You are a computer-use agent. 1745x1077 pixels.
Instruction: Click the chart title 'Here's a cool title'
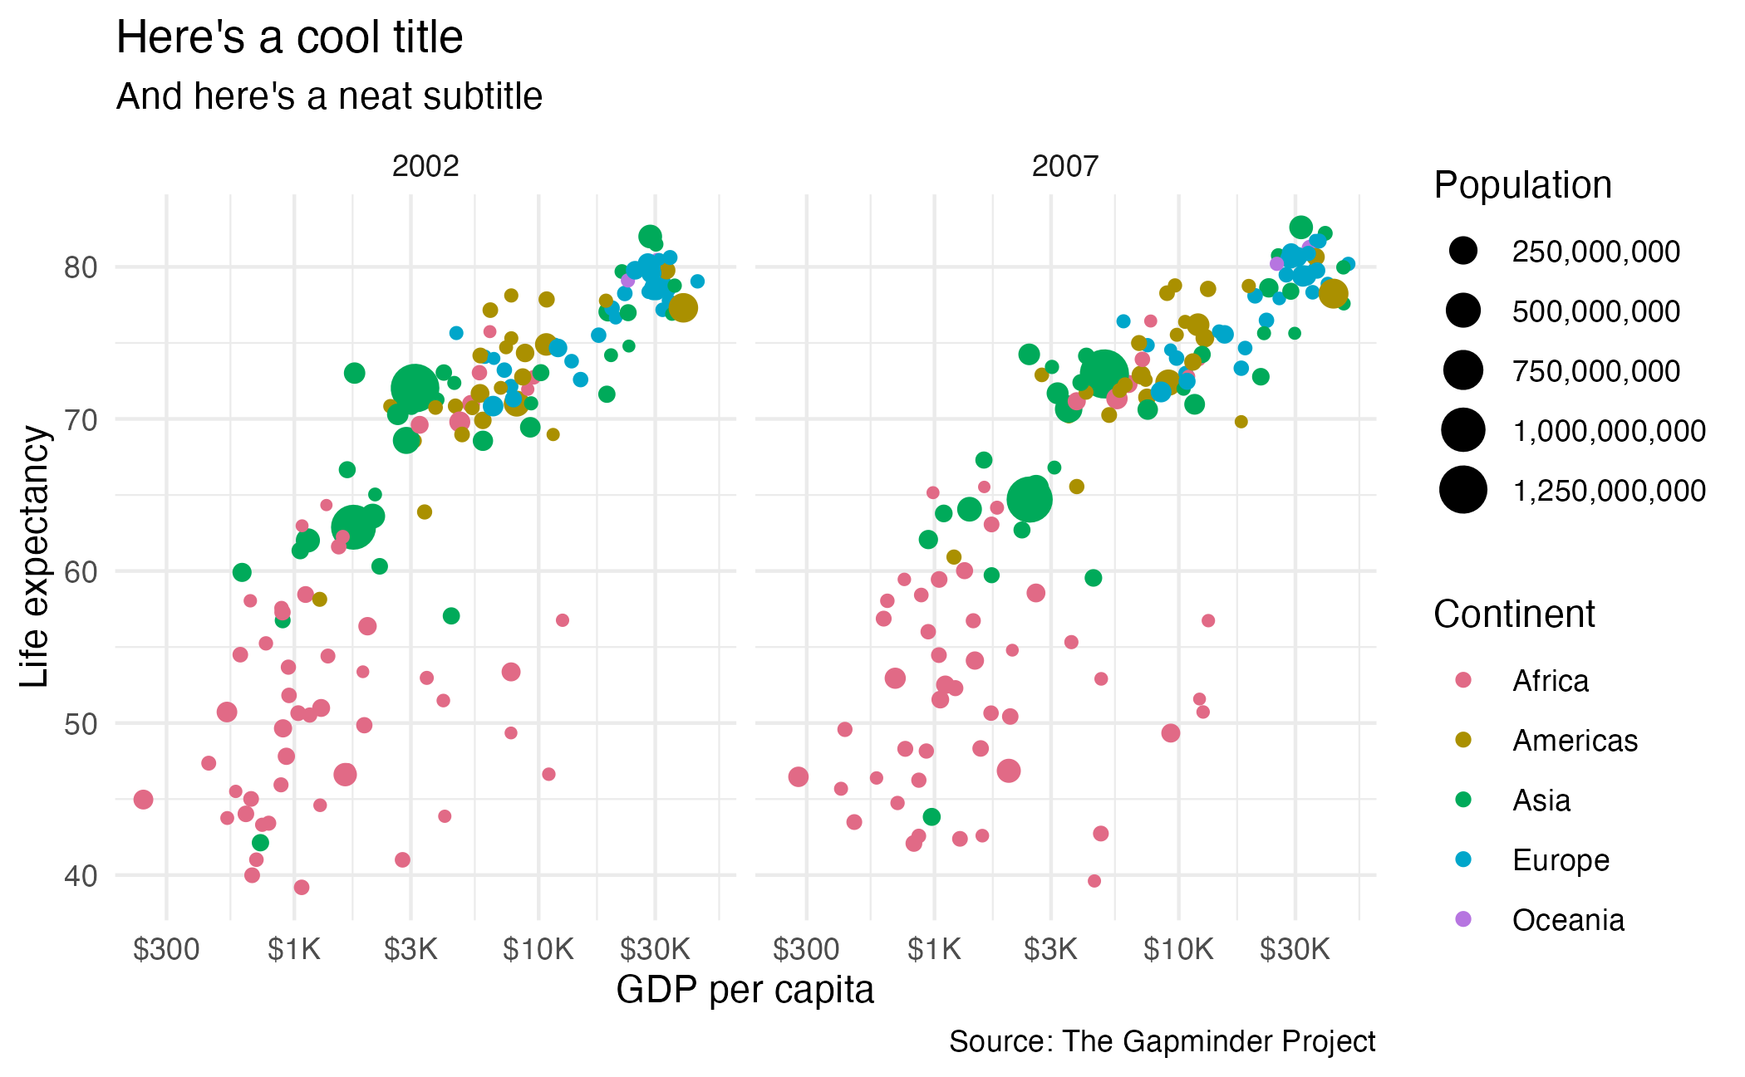(289, 38)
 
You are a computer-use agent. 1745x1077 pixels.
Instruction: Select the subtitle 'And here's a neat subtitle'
(329, 96)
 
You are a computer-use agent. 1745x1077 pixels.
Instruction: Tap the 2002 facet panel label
(425, 167)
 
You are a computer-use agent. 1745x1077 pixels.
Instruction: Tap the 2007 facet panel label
(1065, 167)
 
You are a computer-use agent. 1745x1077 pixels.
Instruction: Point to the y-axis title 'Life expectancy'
(35, 556)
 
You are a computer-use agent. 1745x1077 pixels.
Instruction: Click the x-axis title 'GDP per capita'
(745, 990)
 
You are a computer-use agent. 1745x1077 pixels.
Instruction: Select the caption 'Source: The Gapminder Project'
(1162, 1041)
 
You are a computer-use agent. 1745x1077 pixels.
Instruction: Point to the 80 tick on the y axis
(81, 267)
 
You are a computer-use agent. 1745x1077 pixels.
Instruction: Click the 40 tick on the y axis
(81, 875)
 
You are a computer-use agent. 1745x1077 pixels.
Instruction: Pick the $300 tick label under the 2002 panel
(166, 948)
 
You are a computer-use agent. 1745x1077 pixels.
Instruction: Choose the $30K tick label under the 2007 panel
(1295, 948)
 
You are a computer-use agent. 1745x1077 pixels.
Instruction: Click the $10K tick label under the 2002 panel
(538, 948)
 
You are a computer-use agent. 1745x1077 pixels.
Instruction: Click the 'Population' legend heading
(1522, 185)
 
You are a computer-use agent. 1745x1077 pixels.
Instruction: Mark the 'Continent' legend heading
(1514, 614)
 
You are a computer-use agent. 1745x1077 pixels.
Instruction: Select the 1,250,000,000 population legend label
(1609, 491)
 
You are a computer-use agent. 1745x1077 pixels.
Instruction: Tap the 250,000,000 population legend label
(1595, 252)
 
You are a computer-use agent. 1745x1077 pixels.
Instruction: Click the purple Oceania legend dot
(1463, 919)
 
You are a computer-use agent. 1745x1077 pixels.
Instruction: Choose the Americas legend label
(1575, 741)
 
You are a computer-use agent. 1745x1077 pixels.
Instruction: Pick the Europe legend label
(1561, 860)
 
